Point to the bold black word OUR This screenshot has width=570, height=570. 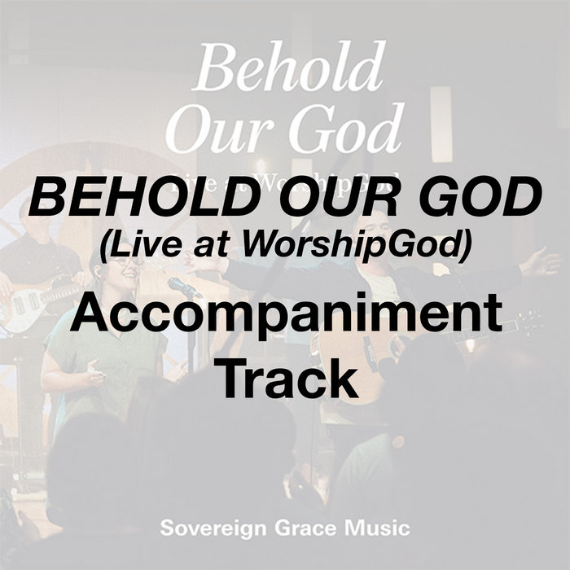[x=323, y=197]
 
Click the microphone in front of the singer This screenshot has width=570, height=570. [x=181, y=286]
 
